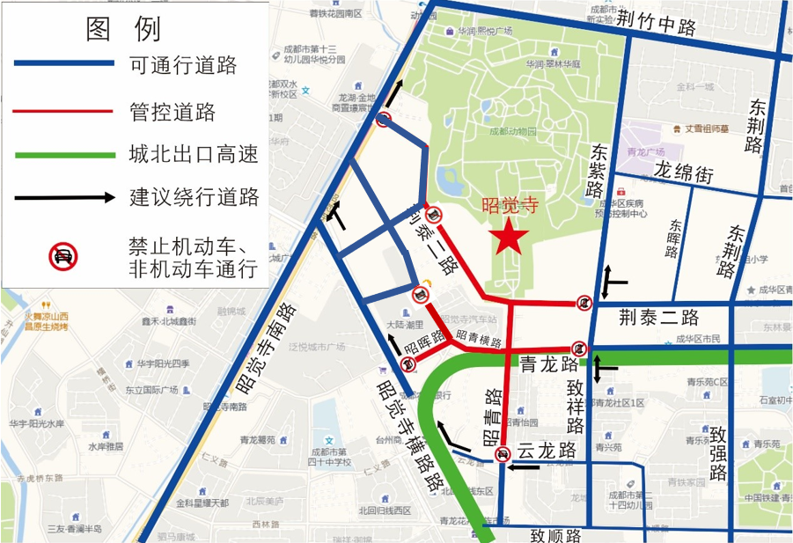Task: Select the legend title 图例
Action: click(x=122, y=28)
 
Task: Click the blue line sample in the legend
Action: click(x=64, y=63)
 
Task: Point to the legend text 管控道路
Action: click(x=173, y=112)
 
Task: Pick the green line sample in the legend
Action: click(x=64, y=156)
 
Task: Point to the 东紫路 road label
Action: click(x=598, y=171)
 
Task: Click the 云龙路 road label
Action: click(x=546, y=451)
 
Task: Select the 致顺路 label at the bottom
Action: click(x=555, y=533)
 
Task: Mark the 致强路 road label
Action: click(x=717, y=454)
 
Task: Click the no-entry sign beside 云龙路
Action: click(x=502, y=454)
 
